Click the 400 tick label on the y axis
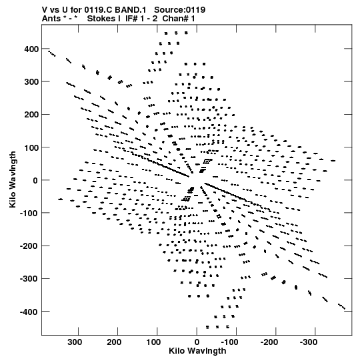pos(31,49)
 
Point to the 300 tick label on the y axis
pos(31,82)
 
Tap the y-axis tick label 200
pos(31,115)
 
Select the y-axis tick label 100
pos(31,147)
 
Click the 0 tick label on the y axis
pos(35,180)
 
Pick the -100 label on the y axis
pos(29,213)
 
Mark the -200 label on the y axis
pos(29,246)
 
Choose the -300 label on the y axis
pos(29,279)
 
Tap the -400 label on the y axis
pos(29,312)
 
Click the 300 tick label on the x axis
pos(75,342)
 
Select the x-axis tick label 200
pos(114,342)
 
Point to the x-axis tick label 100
pos(153,342)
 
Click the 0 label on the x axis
pos(197,342)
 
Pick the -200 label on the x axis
pos(269,342)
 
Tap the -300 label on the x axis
pos(309,342)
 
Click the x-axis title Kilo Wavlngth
pos(197,351)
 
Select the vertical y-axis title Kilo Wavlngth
pos(13,179)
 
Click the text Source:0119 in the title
pos(179,10)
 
